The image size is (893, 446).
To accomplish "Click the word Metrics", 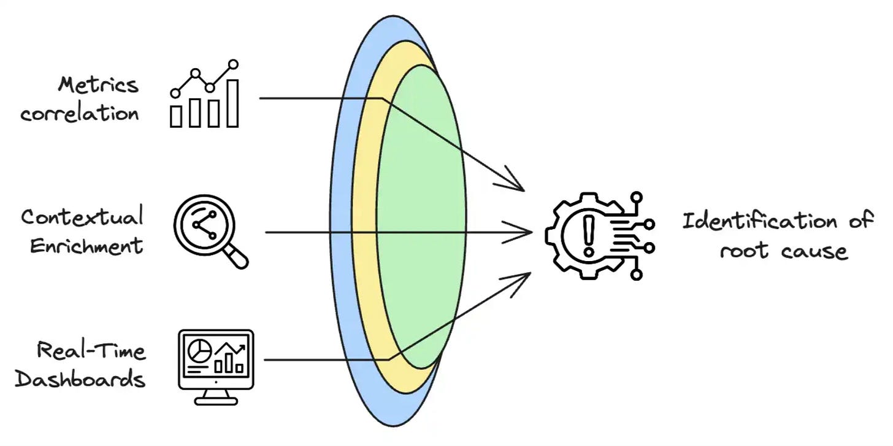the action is click(98, 85).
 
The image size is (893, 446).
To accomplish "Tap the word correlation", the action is click(80, 114).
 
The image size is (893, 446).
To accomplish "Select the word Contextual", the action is click(82, 217).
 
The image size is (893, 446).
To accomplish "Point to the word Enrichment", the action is click(86, 246).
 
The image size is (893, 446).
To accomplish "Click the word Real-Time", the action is click(91, 351).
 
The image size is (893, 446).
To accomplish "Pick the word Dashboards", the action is click(80, 378).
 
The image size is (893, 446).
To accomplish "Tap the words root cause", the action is click(784, 251).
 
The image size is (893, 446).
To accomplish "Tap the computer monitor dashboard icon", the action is click(215, 366).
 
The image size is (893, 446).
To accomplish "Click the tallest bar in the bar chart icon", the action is click(232, 103).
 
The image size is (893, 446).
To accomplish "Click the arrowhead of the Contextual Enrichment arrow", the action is click(526, 232).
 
